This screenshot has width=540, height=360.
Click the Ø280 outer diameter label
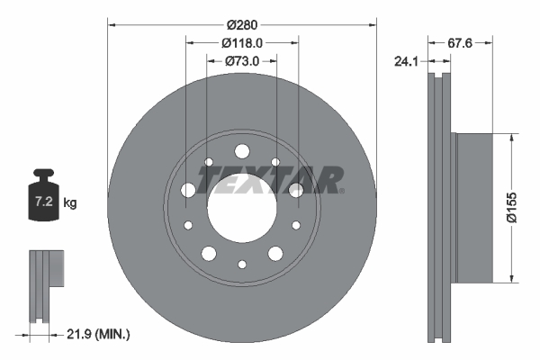coord(241,23)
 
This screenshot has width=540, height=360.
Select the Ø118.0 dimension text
coord(241,41)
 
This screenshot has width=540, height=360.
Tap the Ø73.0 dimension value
coord(241,60)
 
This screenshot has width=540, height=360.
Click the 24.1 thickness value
coord(408,62)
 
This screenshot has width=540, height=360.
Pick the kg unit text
coord(70,203)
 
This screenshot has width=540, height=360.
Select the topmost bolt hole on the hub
coord(241,151)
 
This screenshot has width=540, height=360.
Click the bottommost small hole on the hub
coord(242,265)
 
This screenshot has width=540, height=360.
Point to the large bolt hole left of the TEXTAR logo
coord(187,190)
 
